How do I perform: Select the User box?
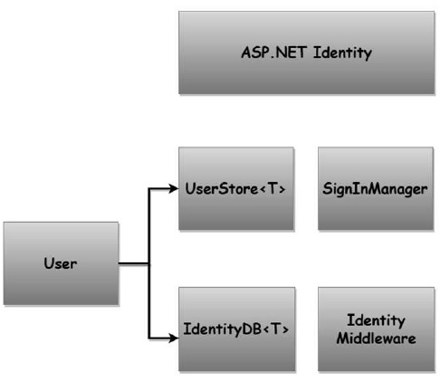(x=61, y=263)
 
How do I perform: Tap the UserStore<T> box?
(x=236, y=188)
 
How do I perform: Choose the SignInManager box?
(x=376, y=188)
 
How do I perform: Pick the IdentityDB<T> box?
(x=236, y=329)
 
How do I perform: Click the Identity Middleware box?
(x=376, y=329)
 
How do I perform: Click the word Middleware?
(x=376, y=338)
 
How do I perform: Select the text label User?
(x=61, y=264)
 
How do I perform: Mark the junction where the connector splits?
(x=148, y=264)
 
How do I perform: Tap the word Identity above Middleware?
(x=376, y=320)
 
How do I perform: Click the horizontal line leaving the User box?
(x=133, y=264)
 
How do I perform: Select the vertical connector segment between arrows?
(x=148, y=226)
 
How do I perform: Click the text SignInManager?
(x=376, y=189)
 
